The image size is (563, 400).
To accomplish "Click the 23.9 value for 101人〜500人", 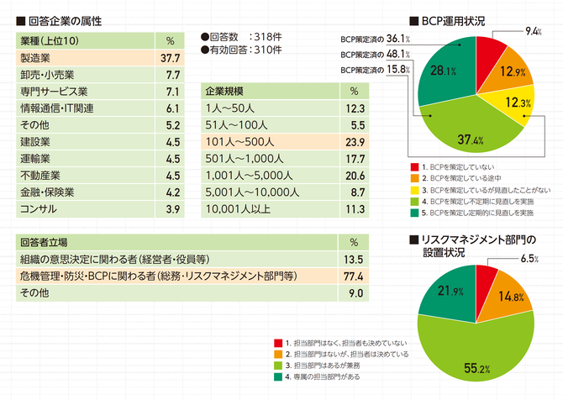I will pos(354,142).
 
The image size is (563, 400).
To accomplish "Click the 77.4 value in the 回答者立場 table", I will pos(354,276).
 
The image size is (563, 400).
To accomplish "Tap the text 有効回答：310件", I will pos(245,50).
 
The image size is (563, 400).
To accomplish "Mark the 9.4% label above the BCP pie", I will pos(532,32).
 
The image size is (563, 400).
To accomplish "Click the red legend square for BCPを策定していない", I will pos(413,168).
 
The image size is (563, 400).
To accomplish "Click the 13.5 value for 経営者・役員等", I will pos(354,259).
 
